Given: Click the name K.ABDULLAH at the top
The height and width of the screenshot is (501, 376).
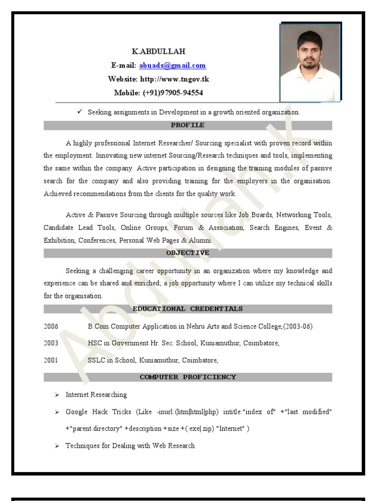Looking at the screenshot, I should point(159,51).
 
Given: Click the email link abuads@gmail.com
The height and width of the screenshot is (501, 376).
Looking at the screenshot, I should point(172,66).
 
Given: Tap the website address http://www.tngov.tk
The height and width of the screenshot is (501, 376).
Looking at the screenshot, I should point(175,79).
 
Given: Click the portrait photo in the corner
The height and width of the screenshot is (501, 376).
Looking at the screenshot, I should point(310,62).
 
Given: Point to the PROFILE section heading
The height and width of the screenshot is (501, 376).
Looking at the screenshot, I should point(188,125).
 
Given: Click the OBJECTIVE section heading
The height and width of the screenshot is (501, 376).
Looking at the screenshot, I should point(188,253).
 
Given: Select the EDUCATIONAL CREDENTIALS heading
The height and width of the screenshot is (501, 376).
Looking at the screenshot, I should point(188,309).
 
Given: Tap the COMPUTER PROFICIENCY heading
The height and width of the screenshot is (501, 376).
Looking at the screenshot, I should point(188,377).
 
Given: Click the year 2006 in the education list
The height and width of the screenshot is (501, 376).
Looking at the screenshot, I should point(51,326).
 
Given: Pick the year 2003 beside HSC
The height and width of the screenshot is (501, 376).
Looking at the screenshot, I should point(51,343).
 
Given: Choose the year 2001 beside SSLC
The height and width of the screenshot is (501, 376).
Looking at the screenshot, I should point(51,360).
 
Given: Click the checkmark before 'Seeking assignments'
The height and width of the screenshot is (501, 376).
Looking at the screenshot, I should point(80,112).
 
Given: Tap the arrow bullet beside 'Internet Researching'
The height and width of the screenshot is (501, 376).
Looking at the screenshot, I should point(57,395).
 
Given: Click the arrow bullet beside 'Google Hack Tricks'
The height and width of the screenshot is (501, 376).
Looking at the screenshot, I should point(57,412).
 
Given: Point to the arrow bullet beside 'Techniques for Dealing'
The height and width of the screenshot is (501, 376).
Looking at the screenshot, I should point(57,446).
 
